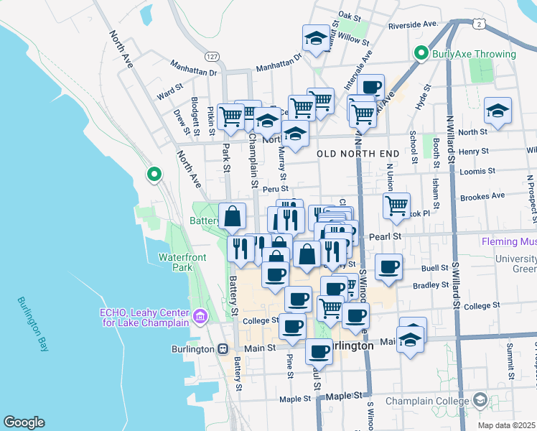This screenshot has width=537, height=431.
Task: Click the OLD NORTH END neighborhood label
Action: click(x=358, y=154)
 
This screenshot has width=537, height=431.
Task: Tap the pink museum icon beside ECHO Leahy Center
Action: click(x=200, y=316)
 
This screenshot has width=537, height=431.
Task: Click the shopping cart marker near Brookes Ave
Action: click(x=396, y=206)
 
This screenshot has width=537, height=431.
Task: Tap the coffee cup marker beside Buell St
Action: click(x=389, y=267)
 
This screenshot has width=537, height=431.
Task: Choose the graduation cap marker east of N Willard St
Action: click(x=498, y=111)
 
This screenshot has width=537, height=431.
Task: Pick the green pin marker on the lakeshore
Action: click(x=154, y=174)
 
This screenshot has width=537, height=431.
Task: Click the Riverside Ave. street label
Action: click(x=413, y=24)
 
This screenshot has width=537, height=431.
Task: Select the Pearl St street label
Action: click(x=384, y=236)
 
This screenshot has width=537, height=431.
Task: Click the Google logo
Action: click(x=24, y=422)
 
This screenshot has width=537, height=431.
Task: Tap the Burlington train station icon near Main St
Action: click(x=223, y=348)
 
